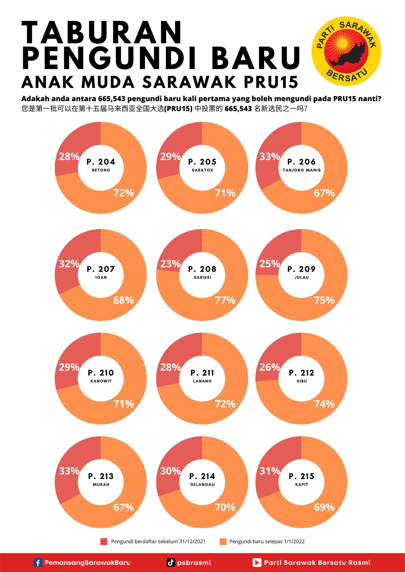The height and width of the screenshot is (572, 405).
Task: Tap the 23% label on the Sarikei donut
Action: [x=170, y=264]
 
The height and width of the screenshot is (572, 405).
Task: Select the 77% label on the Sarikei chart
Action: [x=225, y=300]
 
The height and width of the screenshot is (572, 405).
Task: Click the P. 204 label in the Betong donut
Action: [x=101, y=162]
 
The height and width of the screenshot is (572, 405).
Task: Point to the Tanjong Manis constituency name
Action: [x=302, y=170]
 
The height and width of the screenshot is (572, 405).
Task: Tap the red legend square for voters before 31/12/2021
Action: [x=104, y=542]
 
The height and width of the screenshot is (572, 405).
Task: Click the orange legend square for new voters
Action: [x=223, y=542]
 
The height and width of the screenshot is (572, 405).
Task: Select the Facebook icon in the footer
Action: [x=38, y=563]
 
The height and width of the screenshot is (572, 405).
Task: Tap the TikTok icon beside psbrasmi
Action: [x=171, y=563]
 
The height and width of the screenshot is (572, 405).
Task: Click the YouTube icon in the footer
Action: [x=257, y=563]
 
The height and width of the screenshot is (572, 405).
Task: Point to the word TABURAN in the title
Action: [x=102, y=33]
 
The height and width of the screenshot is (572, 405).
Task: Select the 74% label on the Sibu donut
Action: [x=324, y=404]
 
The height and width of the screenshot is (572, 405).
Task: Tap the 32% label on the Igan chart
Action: [x=69, y=264]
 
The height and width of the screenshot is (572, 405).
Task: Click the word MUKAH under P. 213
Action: [x=101, y=485]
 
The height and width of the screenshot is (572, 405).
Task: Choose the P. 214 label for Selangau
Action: [x=202, y=476]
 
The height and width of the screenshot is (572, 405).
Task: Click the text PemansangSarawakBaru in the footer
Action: [x=88, y=563]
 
